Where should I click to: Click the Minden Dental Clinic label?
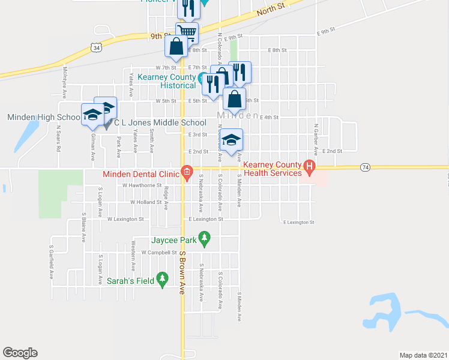(x=141, y=174)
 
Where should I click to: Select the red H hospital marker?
(x=310, y=166)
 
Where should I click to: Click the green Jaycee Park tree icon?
(x=205, y=239)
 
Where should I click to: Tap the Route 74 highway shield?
(x=364, y=166)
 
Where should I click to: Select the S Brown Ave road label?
(x=182, y=272)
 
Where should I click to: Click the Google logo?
(x=20, y=353)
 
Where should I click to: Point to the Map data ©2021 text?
(x=423, y=355)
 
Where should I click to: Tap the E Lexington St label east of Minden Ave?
(x=299, y=222)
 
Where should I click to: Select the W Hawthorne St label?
(x=142, y=185)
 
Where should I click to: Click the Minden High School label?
(x=43, y=118)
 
